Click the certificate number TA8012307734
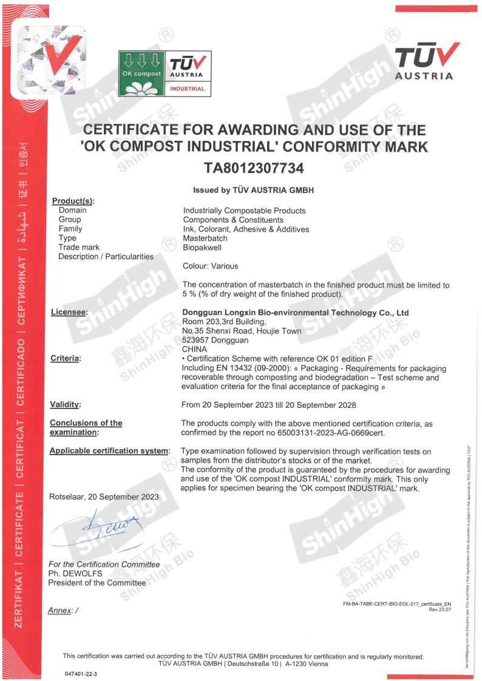coord(254,168)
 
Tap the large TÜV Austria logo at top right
coord(424,62)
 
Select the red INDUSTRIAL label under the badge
coord(187,89)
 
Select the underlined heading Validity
coord(65,404)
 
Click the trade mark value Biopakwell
coord(202,247)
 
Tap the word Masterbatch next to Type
coord(205,238)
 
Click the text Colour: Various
coord(210,266)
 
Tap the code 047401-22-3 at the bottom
coord(81,674)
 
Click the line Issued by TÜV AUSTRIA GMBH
coord(253,189)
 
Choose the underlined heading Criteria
coord(65,359)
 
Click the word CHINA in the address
coord(194,349)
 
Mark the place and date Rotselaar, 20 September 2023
coord(104,496)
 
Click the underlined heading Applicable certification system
coord(109,451)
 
